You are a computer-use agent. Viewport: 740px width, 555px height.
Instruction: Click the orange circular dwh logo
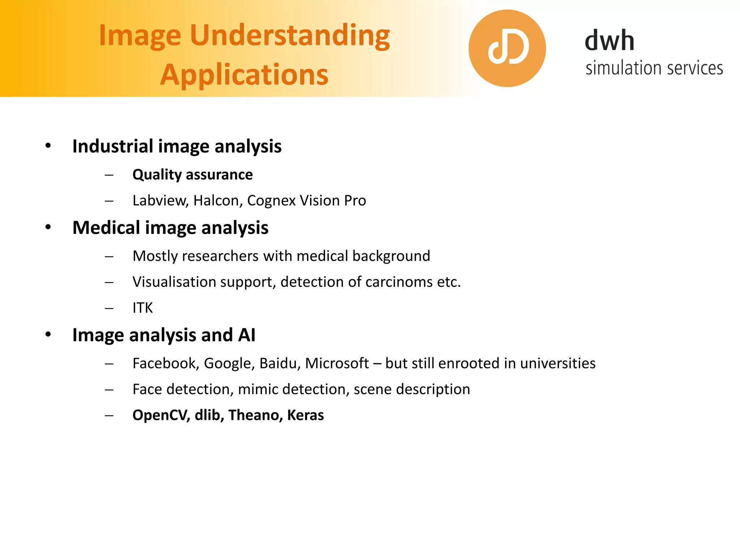(x=507, y=48)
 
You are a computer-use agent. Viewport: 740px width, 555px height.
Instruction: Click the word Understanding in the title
(x=290, y=36)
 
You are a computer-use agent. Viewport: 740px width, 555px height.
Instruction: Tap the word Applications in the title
(x=244, y=75)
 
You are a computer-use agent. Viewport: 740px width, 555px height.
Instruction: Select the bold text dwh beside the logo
(x=609, y=40)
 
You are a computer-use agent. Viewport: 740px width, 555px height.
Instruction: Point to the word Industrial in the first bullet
(x=113, y=146)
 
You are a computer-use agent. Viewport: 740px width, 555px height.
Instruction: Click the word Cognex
(x=271, y=201)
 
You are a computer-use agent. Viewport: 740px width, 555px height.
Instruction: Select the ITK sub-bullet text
(x=143, y=308)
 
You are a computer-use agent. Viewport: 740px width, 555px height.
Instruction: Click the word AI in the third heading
(x=246, y=335)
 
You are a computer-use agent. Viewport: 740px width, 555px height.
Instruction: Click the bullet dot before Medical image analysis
(x=48, y=227)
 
